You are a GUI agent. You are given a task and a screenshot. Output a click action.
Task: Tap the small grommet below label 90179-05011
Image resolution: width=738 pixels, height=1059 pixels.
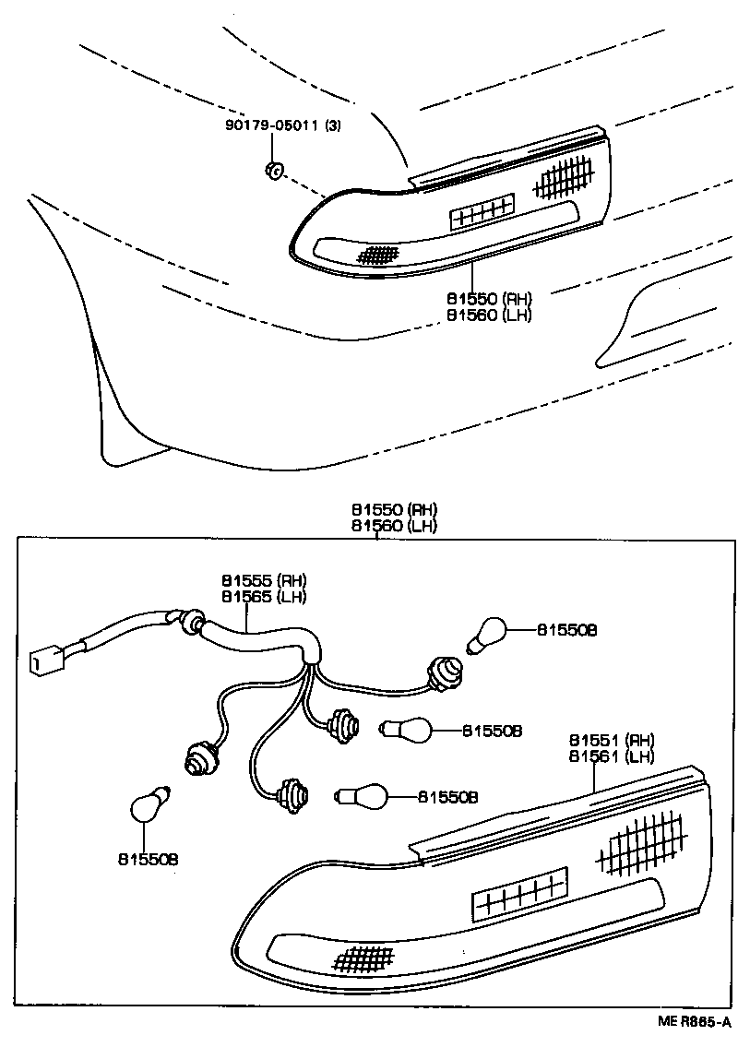[273, 170]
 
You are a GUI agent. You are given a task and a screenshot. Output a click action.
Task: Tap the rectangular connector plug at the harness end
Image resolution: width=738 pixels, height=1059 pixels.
[42, 660]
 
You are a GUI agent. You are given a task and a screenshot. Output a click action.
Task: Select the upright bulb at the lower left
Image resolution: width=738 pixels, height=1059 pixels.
[148, 803]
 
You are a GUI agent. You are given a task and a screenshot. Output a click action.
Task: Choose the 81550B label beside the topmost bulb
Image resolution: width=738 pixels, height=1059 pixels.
[567, 630]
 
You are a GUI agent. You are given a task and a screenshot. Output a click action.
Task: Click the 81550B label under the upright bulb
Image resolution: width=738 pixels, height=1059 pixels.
[148, 859]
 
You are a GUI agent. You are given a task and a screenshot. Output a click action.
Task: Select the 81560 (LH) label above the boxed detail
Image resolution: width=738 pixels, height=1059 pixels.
[393, 526]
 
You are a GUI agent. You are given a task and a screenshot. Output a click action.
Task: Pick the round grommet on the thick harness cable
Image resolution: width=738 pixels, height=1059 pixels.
[193, 623]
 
